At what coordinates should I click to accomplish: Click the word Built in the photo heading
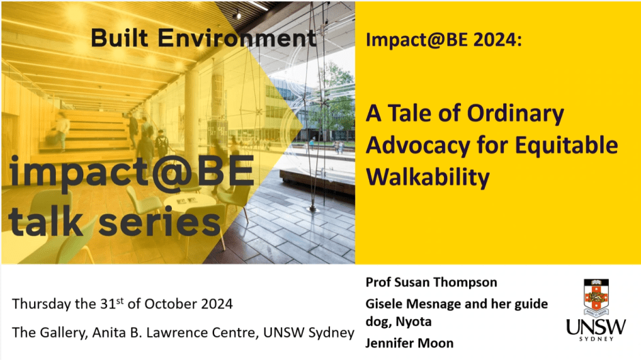[119, 37]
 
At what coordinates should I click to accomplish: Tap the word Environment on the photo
[237, 37]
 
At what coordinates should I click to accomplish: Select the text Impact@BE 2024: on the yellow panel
[443, 40]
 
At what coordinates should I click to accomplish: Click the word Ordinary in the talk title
[516, 115]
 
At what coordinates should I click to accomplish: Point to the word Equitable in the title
[566, 145]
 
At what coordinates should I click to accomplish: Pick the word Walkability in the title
[428, 177]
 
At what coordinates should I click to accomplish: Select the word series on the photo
[160, 222]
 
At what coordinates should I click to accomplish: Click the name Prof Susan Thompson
[431, 282]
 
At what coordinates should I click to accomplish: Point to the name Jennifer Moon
[409, 343]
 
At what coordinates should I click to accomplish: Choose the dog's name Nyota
[414, 322]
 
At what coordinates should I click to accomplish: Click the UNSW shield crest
[596, 298]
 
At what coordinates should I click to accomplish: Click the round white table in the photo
[189, 201]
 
